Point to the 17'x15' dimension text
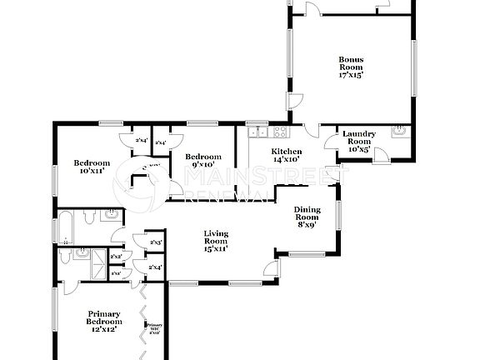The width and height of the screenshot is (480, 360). [350, 75]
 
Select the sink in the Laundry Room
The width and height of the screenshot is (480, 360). [400, 131]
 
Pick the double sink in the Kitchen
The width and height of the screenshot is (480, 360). [257, 132]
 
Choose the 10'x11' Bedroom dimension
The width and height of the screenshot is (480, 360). [92, 171]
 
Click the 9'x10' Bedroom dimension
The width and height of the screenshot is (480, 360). [202, 165]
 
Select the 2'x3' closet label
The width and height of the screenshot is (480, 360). [155, 242]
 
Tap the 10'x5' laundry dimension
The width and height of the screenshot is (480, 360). [359, 149]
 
